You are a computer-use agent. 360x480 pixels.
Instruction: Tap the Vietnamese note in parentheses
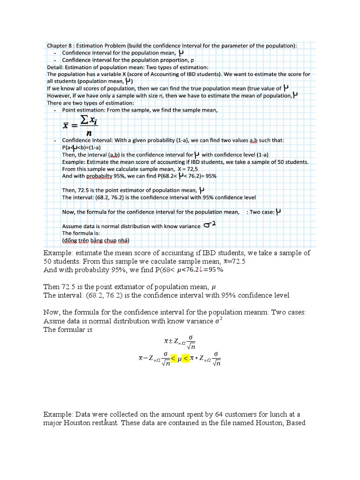[96, 240]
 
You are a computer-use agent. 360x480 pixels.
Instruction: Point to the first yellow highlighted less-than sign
[173, 359]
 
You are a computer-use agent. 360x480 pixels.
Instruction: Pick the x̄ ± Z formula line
[179, 340]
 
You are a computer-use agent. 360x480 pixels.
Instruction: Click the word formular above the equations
[74, 330]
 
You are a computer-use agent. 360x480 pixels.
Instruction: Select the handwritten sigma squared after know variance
[209, 225]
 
